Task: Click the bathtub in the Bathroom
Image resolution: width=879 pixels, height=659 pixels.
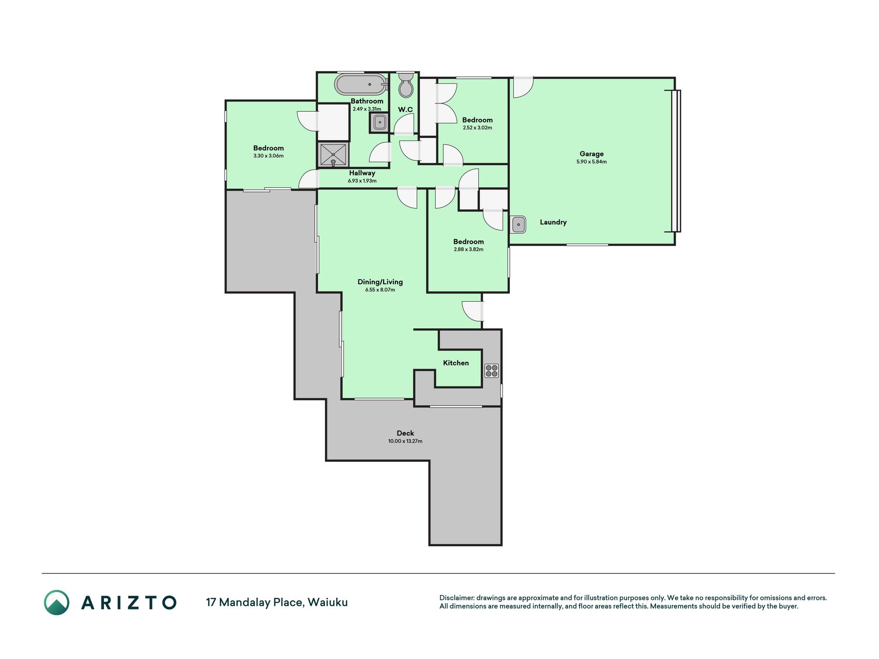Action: pyautogui.click(x=361, y=84)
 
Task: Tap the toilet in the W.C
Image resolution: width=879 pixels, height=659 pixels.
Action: pyautogui.click(x=406, y=85)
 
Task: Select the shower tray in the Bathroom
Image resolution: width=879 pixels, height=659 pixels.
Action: pyautogui.click(x=334, y=154)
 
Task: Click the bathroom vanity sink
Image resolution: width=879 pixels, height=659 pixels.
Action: pyautogui.click(x=379, y=123)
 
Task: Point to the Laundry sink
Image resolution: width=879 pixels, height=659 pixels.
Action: pyautogui.click(x=519, y=224)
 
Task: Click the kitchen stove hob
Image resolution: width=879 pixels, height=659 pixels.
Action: pyautogui.click(x=492, y=371)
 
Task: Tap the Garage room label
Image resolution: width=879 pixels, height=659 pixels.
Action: pyautogui.click(x=592, y=154)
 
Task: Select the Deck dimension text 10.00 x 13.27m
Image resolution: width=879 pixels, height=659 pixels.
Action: pyautogui.click(x=405, y=441)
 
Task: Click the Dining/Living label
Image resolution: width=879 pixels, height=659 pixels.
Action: pyautogui.click(x=380, y=282)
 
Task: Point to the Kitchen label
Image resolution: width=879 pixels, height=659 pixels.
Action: pyautogui.click(x=456, y=363)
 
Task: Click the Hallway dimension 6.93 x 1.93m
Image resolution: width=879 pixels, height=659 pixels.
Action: pyautogui.click(x=362, y=181)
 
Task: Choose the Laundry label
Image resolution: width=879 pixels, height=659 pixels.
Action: pyautogui.click(x=553, y=222)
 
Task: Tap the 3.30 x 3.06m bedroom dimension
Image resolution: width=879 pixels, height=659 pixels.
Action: pyautogui.click(x=268, y=156)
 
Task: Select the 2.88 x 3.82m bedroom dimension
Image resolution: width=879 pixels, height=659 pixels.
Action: pyautogui.click(x=469, y=250)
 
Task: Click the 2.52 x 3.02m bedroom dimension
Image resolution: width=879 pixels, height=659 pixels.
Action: pyautogui.click(x=477, y=128)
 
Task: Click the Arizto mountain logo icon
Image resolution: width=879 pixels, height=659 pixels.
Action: pyautogui.click(x=57, y=602)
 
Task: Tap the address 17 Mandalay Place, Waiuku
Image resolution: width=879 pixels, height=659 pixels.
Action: pyautogui.click(x=277, y=602)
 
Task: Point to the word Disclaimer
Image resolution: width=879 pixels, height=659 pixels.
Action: pyautogui.click(x=457, y=598)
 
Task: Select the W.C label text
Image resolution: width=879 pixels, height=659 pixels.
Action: pyautogui.click(x=405, y=110)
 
